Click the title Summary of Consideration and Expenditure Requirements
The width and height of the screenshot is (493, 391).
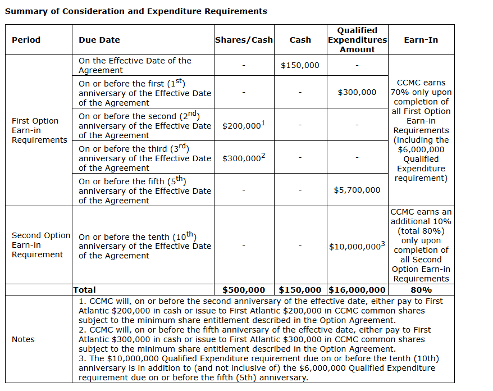[x=136, y=11]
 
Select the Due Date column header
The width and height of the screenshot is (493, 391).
[x=99, y=40]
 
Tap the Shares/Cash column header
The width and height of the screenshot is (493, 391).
[x=244, y=40]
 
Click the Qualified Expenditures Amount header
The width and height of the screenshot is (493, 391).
[x=357, y=40]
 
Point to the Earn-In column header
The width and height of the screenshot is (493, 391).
[x=421, y=40]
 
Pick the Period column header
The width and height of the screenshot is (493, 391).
[x=26, y=40]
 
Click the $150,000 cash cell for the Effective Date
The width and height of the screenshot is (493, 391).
[x=300, y=65]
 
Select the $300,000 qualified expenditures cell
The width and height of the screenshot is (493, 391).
[x=357, y=92]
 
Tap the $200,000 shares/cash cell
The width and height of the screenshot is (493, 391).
[x=243, y=125]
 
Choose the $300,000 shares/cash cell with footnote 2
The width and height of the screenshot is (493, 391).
[x=243, y=158]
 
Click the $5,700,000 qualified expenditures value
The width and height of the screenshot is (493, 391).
[x=357, y=190]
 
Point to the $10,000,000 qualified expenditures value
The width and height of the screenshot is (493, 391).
[x=357, y=246]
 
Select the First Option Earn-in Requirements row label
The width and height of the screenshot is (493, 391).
[x=39, y=130]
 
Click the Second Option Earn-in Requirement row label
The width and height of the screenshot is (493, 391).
[x=40, y=245]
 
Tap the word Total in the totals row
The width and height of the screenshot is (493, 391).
[x=84, y=290]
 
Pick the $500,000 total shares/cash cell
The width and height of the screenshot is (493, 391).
[x=244, y=290]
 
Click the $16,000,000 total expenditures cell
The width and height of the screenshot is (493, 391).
[x=357, y=290]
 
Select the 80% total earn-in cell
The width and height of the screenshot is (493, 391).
[x=421, y=290]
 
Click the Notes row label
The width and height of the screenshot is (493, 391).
[x=23, y=339]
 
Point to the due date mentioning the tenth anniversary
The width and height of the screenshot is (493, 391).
[x=144, y=246]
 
